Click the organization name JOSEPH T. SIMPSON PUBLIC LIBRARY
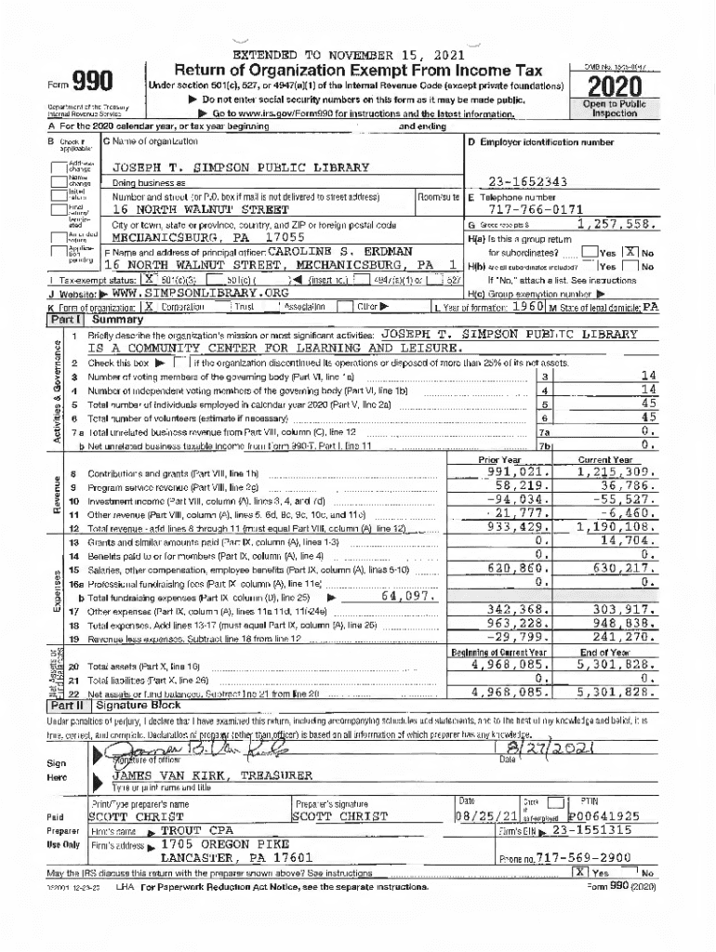[241, 168]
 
